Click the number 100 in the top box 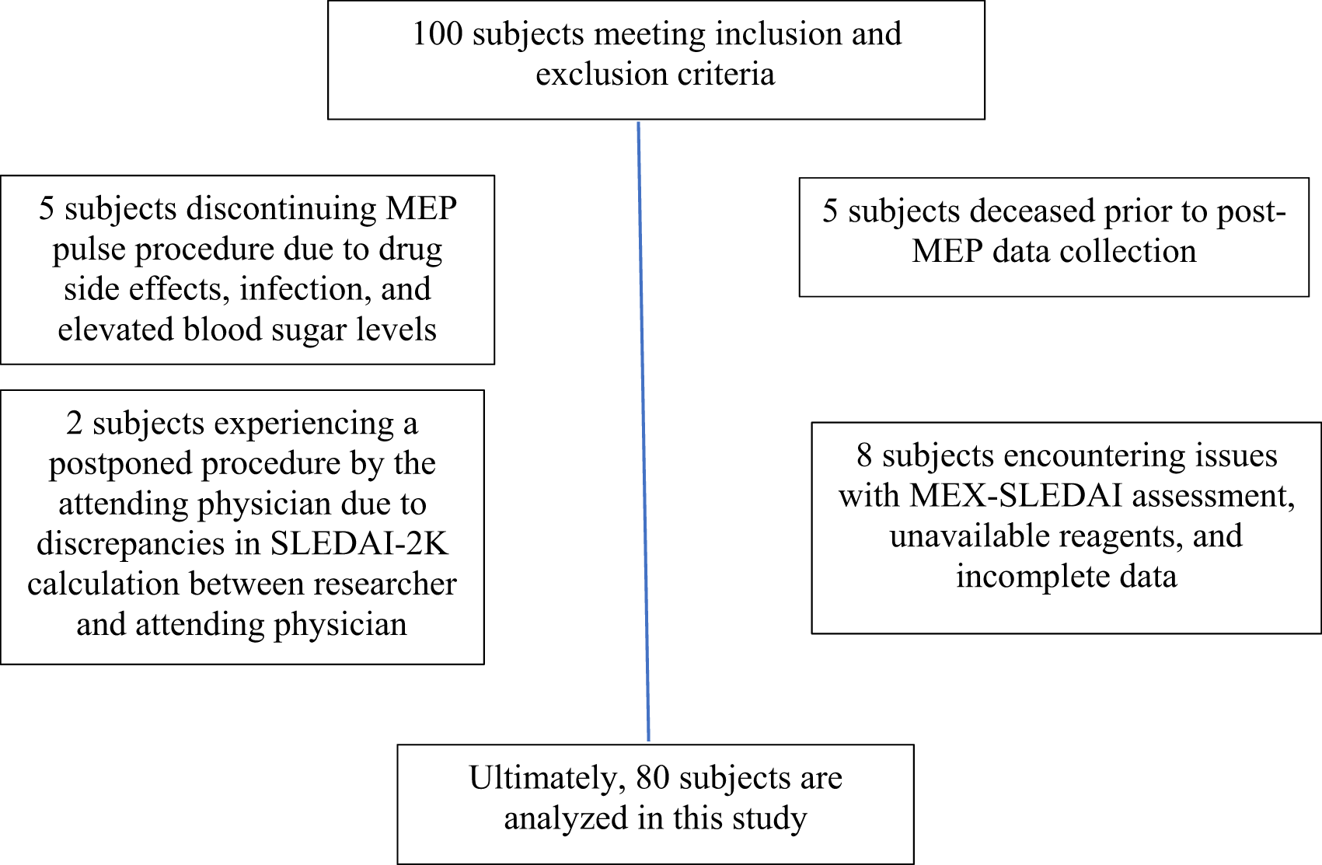(438, 33)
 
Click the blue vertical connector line (644, 431)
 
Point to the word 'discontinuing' (281, 208)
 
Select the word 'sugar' (304, 330)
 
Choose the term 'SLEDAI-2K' (359, 544)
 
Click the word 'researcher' (385, 584)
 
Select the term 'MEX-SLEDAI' (1015, 496)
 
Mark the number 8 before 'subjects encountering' (864, 456)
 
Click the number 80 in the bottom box (653, 779)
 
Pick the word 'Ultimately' (548, 779)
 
